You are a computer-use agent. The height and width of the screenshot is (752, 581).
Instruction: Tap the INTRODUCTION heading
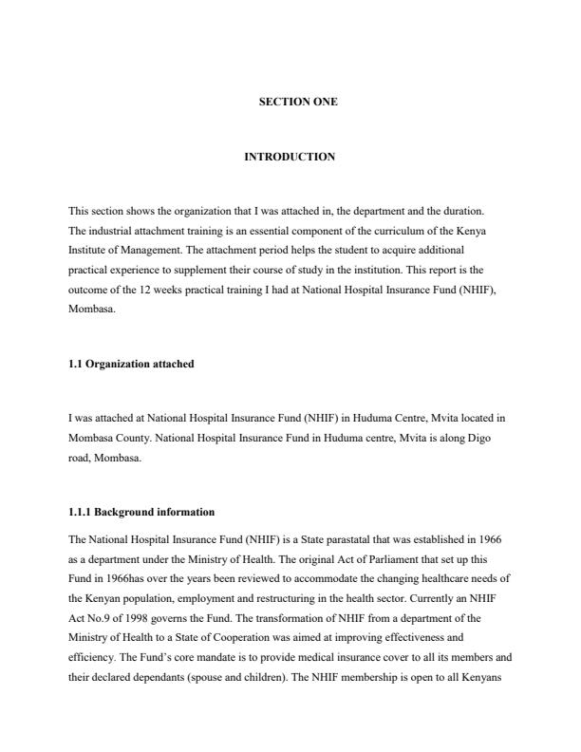point(290,157)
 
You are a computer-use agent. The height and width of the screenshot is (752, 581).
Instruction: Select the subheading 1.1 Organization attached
point(131,364)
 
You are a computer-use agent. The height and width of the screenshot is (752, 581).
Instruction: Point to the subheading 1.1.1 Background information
point(141,512)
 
